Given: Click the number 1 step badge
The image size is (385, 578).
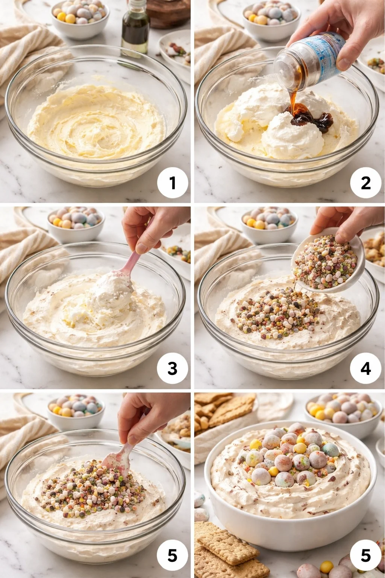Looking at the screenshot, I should tap(172, 183).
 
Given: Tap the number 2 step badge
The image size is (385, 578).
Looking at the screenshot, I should tap(365, 183).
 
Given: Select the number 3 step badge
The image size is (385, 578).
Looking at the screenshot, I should tap(172, 368).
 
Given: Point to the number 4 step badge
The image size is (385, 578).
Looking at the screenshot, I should tap(365, 368).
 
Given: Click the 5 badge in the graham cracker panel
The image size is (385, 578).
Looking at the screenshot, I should tap(365, 555).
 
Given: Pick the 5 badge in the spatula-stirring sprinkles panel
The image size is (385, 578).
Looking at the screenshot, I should tap(172, 555).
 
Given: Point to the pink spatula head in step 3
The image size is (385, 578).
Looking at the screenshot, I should tap(126, 273).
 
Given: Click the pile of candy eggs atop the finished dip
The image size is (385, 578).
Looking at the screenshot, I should tap(290, 455).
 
